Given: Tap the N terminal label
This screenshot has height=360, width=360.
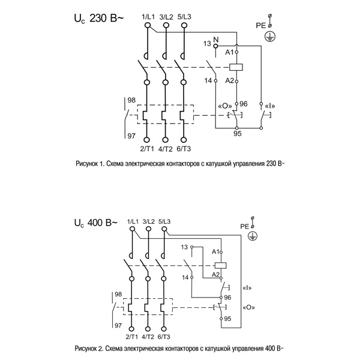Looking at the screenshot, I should [217, 39].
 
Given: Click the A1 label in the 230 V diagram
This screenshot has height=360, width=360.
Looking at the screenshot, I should [229, 53].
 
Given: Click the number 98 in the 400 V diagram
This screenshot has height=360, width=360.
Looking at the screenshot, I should [117, 294].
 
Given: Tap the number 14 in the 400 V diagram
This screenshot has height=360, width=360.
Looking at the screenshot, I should [185, 277].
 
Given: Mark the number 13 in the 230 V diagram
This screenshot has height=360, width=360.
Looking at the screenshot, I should [207, 44].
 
